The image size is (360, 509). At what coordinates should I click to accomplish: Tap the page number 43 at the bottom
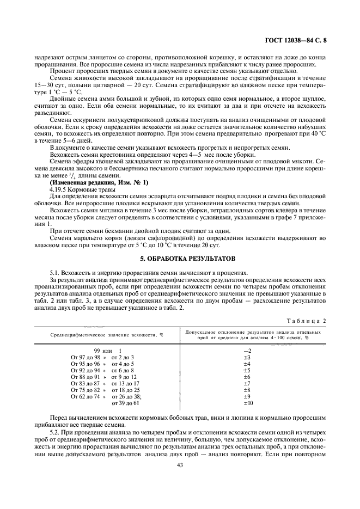point(179,465)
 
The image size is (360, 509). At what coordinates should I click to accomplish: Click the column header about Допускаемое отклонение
point(253,334)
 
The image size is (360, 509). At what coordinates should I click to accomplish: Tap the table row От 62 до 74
point(106,397)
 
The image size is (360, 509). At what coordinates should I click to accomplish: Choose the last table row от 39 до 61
point(125,403)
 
